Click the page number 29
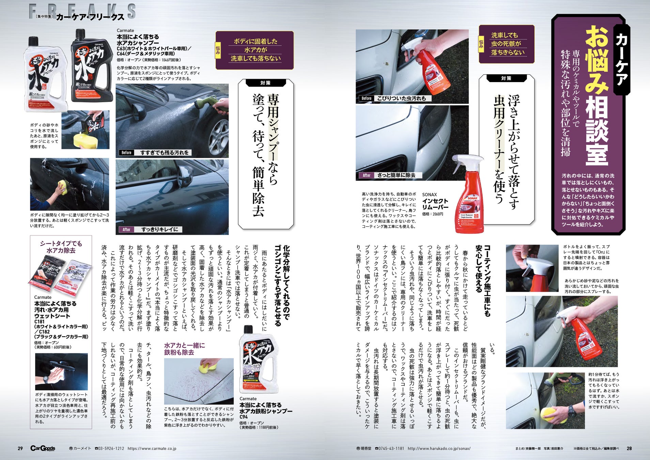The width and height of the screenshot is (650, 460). [20, 448]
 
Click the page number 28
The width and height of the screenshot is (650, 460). [629, 448]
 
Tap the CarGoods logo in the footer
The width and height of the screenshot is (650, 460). [43, 448]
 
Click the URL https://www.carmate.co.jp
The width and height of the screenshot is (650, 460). [152, 449]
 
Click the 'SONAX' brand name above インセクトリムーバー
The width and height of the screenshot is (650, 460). [429, 195]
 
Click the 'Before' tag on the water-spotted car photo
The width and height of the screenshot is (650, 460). [126, 153]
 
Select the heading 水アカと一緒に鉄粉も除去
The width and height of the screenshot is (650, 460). [185, 349]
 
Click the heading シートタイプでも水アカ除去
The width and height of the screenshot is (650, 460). [61, 247]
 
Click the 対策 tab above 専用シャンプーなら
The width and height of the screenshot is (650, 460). [265, 83]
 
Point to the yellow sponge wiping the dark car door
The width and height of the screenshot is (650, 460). [63, 187]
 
